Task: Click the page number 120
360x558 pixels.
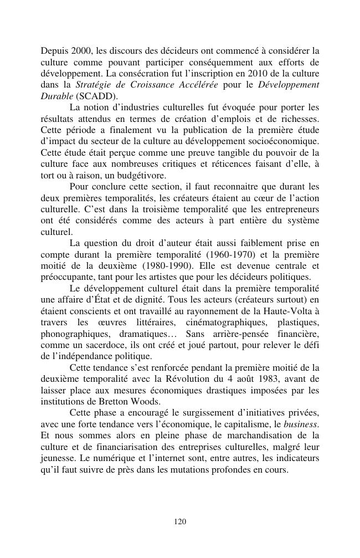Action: pyautogui.click(x=179, y=521)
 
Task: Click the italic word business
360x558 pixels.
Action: pyautogui.click(x=301, y=424)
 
